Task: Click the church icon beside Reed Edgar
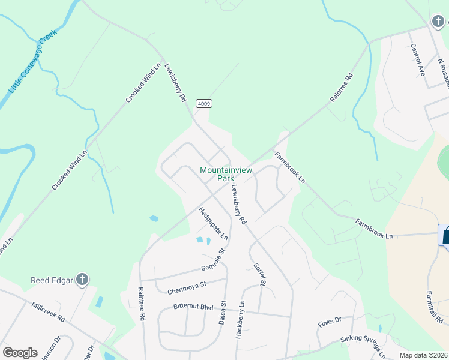pyautogui.click(x=82, y=280)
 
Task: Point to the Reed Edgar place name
pyautogui.click(x=52, y=280)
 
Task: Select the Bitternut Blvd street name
pyautogui.click(x=193, y=307)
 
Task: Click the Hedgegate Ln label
pyautogui.click(x=213, y=223)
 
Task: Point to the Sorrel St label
pyautogui.click(x=259, y=274)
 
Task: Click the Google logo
pyautogui.click(x=20, y=352)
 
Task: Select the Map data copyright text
pyautogui.click(x=424, y=356)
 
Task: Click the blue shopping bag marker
pyautogui.click(x=445, y=236)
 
